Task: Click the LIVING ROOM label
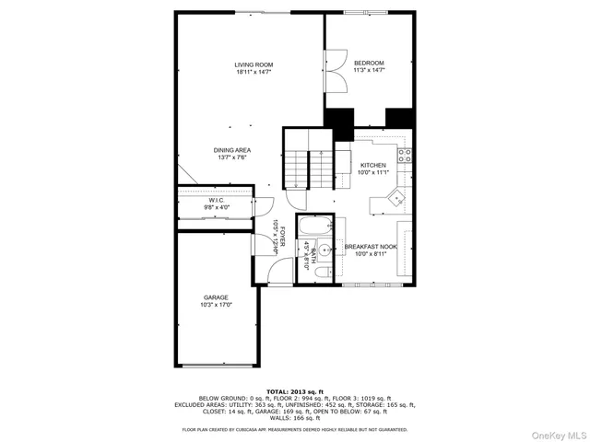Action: click(254, 64)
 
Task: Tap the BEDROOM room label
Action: click(368, 62)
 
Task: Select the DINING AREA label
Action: click(232, 150)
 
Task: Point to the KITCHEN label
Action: click(372, 165)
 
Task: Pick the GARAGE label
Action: click(216, 297)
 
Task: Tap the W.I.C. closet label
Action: click(217, 199)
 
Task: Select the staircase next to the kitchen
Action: click(307, 167)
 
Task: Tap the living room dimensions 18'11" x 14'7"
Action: click(254, 71)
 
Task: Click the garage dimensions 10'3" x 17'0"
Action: click(216, 305)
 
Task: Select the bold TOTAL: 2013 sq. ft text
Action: click(294, 391)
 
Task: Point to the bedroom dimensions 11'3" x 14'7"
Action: click(368, 69)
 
